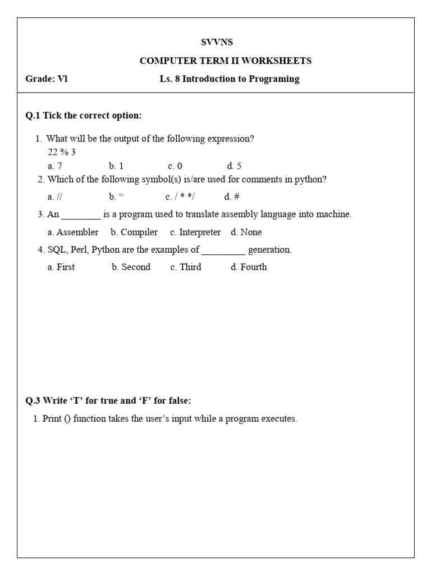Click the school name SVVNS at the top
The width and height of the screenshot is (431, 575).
tap(217, 42)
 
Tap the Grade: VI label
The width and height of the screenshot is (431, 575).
tap(47, 79)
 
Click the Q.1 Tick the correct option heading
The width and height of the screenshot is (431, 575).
tap(84, 116)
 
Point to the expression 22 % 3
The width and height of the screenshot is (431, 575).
tap(62, 152)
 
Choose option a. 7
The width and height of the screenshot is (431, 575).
tap(55, 166)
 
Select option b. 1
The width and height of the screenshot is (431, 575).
tap(116, 166)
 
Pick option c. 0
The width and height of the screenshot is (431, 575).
tap(175, 166)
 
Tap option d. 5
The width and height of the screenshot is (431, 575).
tap(234, 166)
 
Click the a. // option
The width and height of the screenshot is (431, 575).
tap(55, 197)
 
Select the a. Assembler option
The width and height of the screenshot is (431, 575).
tap(73, 232)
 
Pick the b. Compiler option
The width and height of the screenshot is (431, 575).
tap(134, 232)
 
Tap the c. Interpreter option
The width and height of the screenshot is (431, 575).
tap(195, 232)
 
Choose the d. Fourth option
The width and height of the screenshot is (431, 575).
tap(249, 267)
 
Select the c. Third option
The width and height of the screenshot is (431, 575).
tap(186, 267)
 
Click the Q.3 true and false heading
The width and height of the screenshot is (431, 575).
tap(108, 400)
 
